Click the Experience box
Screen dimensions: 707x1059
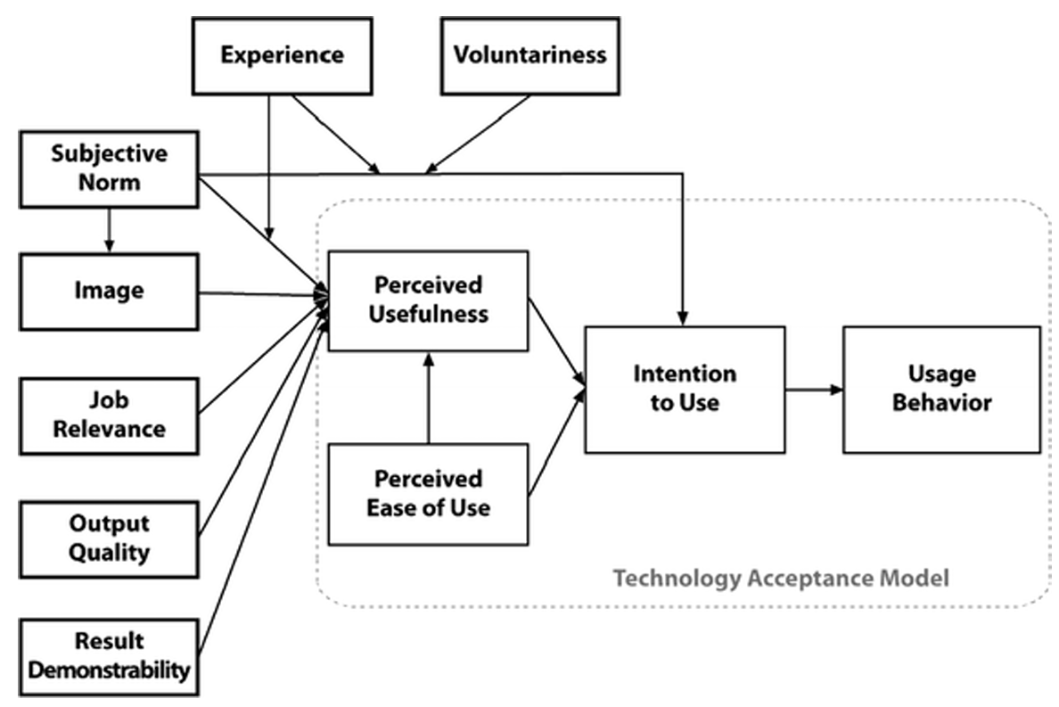(283, 55)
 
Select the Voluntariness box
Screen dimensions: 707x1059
(529, 55)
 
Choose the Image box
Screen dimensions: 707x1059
(109, 291)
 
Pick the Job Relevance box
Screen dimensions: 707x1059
(109, 415)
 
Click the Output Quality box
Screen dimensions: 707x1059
(109, 538)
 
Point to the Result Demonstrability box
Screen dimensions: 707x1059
(109, 655)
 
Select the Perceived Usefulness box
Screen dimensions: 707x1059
(429, 300)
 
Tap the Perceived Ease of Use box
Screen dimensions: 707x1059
(429, 493)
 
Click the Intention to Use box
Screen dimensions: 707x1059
(685, 389)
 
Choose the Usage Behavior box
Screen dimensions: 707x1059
(941, 389)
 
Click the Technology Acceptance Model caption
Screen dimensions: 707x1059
(781, 578)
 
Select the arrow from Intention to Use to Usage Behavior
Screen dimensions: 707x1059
(814, 389)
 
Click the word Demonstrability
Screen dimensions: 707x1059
(109, 669)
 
